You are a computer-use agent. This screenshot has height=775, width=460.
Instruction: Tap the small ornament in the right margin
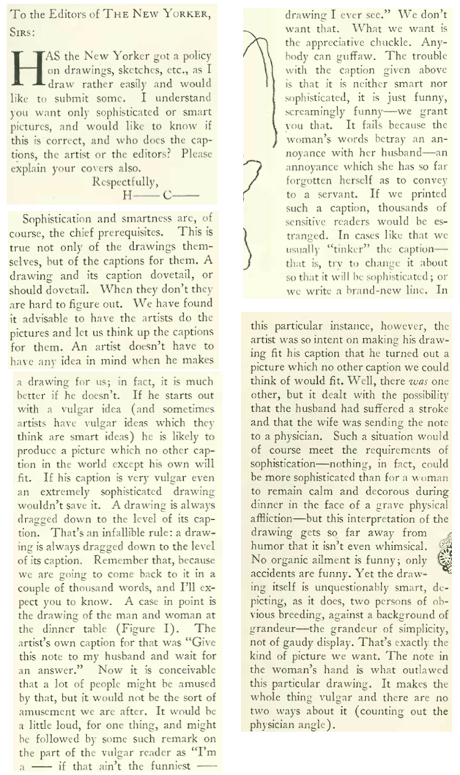tap(445, 553)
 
